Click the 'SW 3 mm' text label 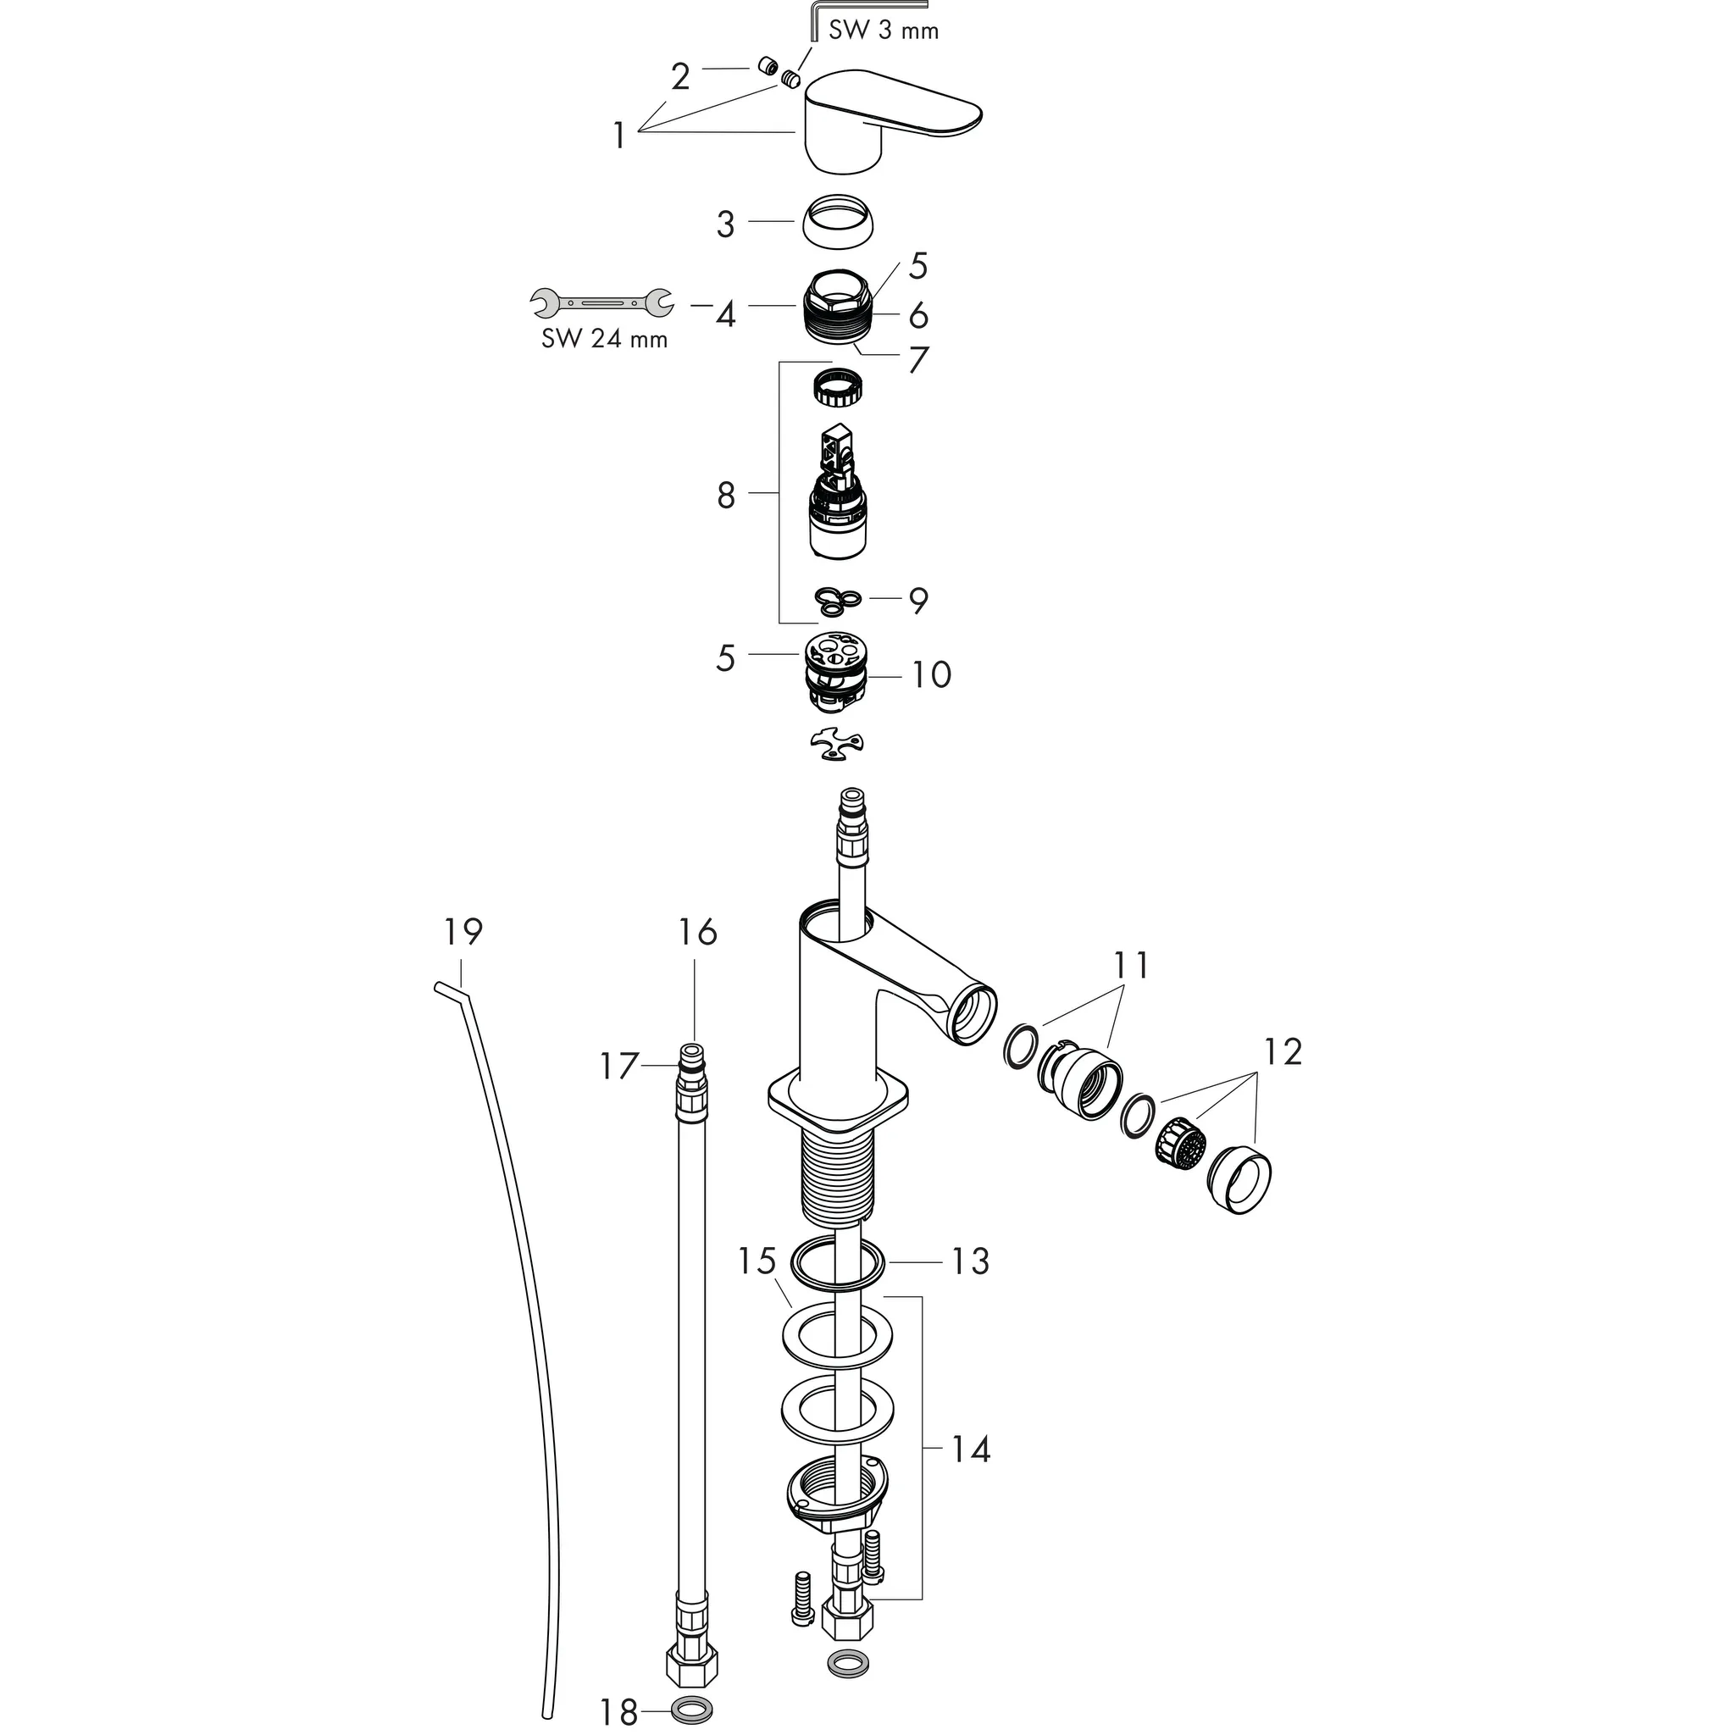(884, 31)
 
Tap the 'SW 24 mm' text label (604, 340)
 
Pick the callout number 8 (727, 495)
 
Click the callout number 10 (931, 674)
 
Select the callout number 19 (463, 931)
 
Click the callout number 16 (698, 932)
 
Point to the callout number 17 (618, 1067)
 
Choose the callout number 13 (970, 1261)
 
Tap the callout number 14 (970, 1474)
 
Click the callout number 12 (1283, 1051)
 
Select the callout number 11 (1132, 966)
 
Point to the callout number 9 (917, 601)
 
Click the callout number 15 (757, 1261)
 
